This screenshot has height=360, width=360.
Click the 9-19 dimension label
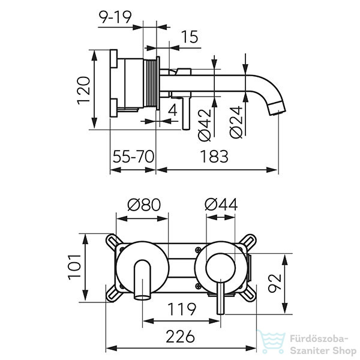[x=115, y=17]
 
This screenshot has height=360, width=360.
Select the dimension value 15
[x=190, y=37]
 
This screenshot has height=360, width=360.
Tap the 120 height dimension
[x=83, y=91]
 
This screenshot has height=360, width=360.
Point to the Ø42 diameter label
[x=205, y=125]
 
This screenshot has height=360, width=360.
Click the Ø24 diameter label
[x=236, y=122]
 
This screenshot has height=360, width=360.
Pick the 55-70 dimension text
[x=133, y=157]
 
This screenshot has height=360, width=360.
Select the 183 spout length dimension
[x=214, y=157]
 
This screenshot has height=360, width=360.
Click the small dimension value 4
[x=173, y=110]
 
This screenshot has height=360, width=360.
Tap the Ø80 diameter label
[x=144, y=205]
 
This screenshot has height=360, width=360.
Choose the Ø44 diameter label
[x=221, y=205]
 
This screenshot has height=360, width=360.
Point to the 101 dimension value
[x=75, y=267]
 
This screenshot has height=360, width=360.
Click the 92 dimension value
[x=275, y=283]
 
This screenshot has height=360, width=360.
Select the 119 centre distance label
[x=182, y=309]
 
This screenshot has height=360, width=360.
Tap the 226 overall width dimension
[x=181, y=337]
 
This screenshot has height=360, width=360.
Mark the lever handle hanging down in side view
[x=186, y=113]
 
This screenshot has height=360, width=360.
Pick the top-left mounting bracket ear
[x=114, y=242]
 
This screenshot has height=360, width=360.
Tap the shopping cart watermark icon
[x=272, y=342]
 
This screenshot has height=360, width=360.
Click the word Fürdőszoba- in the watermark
[x=319, y=339]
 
